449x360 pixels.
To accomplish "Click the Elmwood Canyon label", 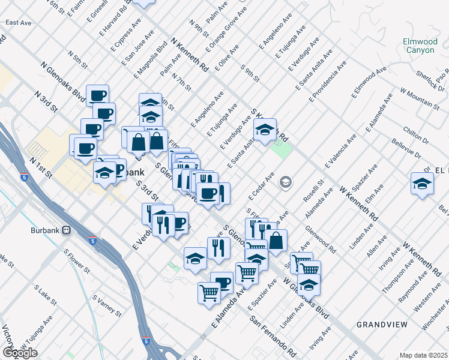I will click(420, 46).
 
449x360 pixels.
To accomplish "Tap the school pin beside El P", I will click(422, 184).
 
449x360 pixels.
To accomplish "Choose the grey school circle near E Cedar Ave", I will click(285, 182).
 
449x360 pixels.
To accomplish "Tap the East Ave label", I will click(17, 23).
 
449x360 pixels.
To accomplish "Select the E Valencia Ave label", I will click(340, 151).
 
